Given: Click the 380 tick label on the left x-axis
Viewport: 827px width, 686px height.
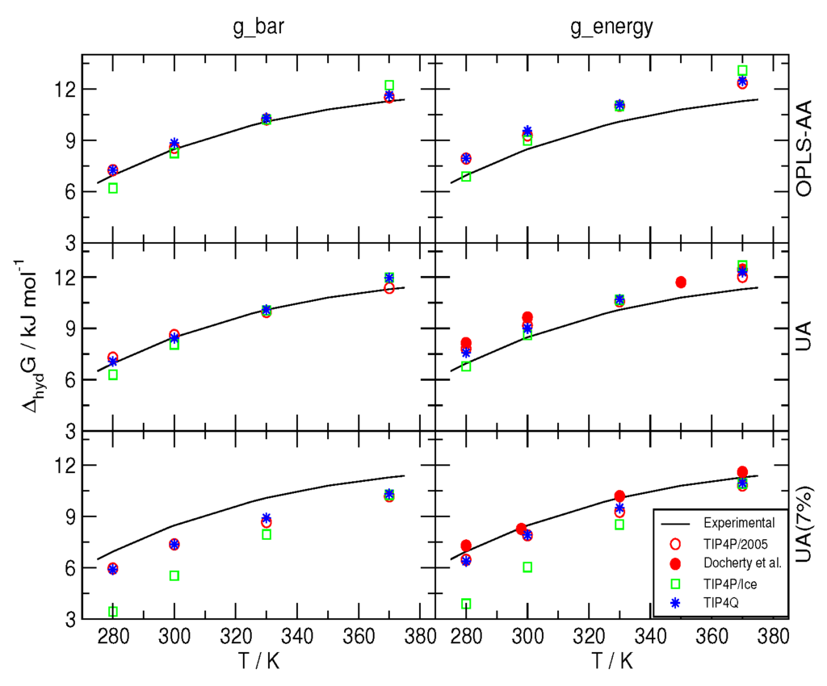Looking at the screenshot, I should [x=420, y=635].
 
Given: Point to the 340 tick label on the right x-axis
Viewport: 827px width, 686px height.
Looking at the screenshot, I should [x=651, y=635].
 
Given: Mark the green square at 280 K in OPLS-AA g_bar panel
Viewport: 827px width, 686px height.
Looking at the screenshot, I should [x=113, y=188].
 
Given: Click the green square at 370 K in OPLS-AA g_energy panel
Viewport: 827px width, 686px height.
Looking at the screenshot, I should [x=742, y=70].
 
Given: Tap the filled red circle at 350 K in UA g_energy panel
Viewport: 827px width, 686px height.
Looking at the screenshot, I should [x=681, y=282].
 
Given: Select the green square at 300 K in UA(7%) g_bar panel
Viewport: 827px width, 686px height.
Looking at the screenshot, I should [x=174, y=575].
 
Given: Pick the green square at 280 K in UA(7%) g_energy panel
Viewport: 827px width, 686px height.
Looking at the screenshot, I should [x=466, y=604].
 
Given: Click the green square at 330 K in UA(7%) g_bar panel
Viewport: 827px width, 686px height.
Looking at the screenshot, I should [x=267, y=534].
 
